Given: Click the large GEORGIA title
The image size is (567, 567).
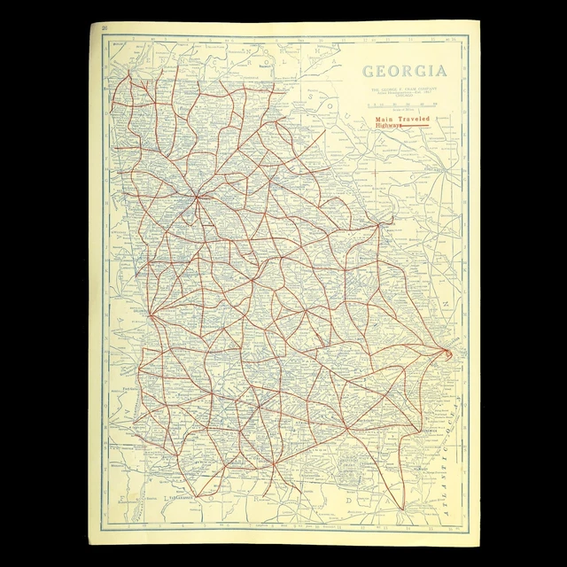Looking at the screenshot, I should point(400,72).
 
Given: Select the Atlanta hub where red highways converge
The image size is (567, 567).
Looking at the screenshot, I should point(198,197).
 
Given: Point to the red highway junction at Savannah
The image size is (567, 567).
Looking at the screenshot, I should point(447,354).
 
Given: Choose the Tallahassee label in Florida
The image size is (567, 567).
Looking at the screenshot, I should point(182,499).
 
